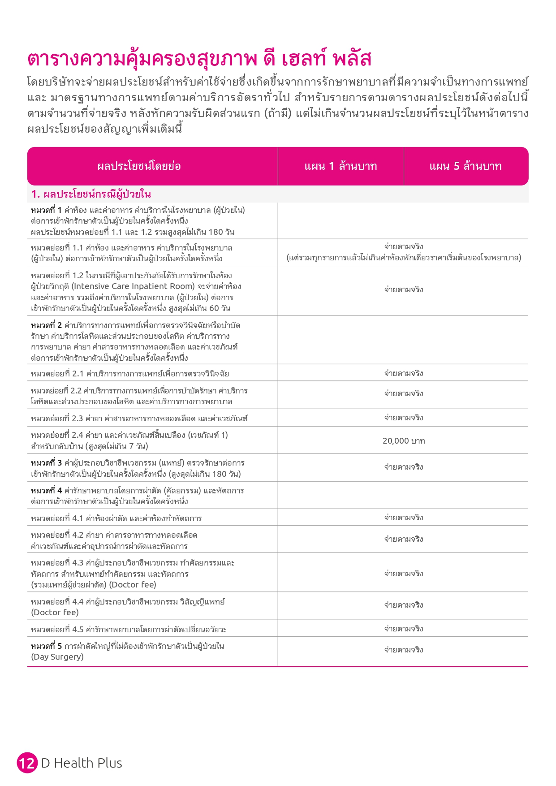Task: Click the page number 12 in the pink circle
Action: pyautogui.click(x=27, y=763)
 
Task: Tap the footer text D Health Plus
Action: pyautogui.click(x=82, y=763)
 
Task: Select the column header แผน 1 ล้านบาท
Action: pyautogui.click(x=340, y=166)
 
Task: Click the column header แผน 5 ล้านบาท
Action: pyautogui.click(x=465, y=166)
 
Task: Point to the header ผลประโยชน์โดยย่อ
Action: pyautogui.click(x=139, y=166)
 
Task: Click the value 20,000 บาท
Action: pyautogui.click(x=403, y=441)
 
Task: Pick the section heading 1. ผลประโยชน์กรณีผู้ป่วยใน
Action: pyautogui.click(x=91, y=194)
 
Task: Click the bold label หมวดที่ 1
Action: pyautogui.click(x=46, y=210)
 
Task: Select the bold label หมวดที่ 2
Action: pyautogui.click(x=46, y=325)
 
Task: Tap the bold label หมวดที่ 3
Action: pyautogui.click(x=46, y=463)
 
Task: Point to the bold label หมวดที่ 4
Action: pyautogui.click(x=46, y=491)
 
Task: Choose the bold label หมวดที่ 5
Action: pyautogui.click(x=46, y=646)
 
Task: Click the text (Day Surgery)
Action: pyautogui.click(x=57, y=657)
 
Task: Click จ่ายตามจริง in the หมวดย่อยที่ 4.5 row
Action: pyautogui.click(x=403, y=629)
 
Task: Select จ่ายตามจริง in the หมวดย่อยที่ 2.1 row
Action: pyautogui.click(x=403, y=373)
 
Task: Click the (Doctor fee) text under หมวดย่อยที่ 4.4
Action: pyautogui.click(x=55, y=613)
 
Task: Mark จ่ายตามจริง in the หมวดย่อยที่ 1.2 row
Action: pyautogui.click(x=403, y=289)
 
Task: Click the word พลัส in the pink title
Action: pyautogui.click(x=352, y=59)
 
